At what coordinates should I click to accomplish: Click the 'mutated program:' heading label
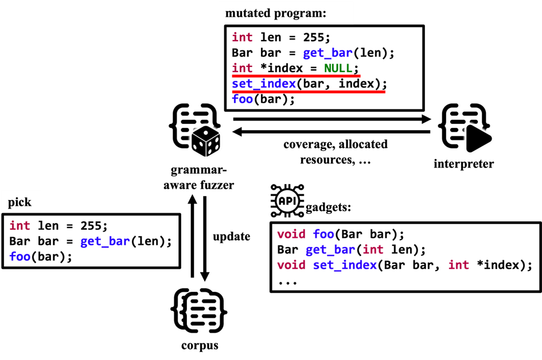coord(276,13)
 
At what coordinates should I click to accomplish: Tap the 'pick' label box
coord(20,202)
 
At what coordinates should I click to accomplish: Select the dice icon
coord(205,141)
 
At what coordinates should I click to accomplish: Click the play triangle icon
coord(478,139)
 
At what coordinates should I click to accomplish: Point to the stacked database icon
coord(203,312)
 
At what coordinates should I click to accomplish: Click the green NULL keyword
coord(338,68)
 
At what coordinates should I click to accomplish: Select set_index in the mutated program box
coord(264,84)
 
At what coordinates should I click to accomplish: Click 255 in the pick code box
coord(93,226)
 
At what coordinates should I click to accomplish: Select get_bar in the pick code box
coord(105,241)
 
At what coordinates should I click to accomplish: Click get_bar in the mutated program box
coord(327,53)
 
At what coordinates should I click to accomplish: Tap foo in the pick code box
coord(20,257)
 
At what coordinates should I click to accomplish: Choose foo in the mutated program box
coord(242,99)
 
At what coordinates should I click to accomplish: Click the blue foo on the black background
coord(323,234)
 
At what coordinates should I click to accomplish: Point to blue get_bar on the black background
coord(330,249)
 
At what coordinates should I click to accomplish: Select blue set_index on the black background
coord(345,265)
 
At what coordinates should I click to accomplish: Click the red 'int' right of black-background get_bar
coord(373,249)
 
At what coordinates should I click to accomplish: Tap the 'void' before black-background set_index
coord(291,265)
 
